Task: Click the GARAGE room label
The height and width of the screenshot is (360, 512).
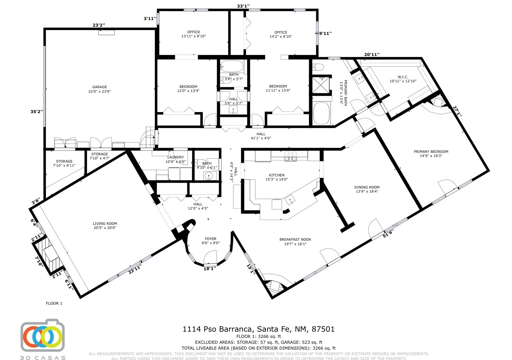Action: [100, 87]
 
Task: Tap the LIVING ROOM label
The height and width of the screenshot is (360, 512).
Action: [105, 223]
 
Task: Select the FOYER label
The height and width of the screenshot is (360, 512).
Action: [211, 239]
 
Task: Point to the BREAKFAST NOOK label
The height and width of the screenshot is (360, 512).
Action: [295, 240]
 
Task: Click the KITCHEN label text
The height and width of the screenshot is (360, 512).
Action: [277, 175]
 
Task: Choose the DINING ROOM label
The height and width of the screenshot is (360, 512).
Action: [367, 187]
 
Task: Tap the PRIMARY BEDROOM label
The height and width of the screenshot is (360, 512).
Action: [431, 151]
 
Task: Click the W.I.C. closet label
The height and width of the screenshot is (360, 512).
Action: [403, 77]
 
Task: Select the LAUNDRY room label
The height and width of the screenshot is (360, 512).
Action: [176, 157]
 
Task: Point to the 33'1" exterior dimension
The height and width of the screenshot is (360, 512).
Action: [243, 6]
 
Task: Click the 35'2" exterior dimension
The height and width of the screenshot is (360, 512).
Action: [37, 112]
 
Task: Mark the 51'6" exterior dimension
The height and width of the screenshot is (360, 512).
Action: [388, 233]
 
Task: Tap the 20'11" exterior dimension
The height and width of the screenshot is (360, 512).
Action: [372, 54]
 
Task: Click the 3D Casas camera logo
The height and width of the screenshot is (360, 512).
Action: [43, 335]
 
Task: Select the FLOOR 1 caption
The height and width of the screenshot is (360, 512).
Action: [54, 303]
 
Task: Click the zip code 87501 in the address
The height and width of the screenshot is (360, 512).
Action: [323, 329]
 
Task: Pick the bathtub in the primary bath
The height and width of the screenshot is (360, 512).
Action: [321, 113]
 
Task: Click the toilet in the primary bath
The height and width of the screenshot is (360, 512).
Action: [318, 67]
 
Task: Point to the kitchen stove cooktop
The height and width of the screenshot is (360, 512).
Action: [290, 156]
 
